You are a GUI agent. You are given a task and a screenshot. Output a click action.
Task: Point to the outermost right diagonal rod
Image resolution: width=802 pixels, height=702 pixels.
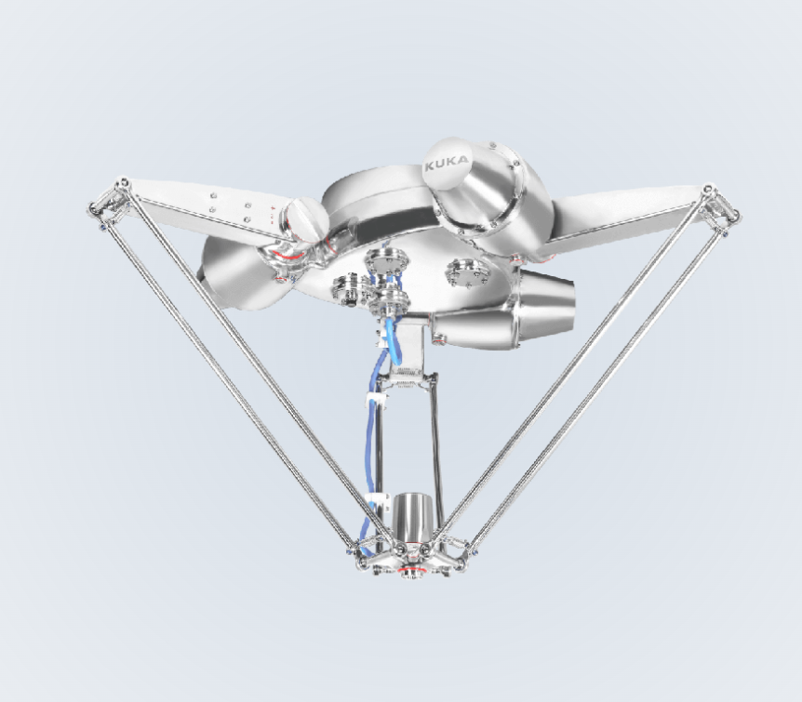[x=605, y=372]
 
